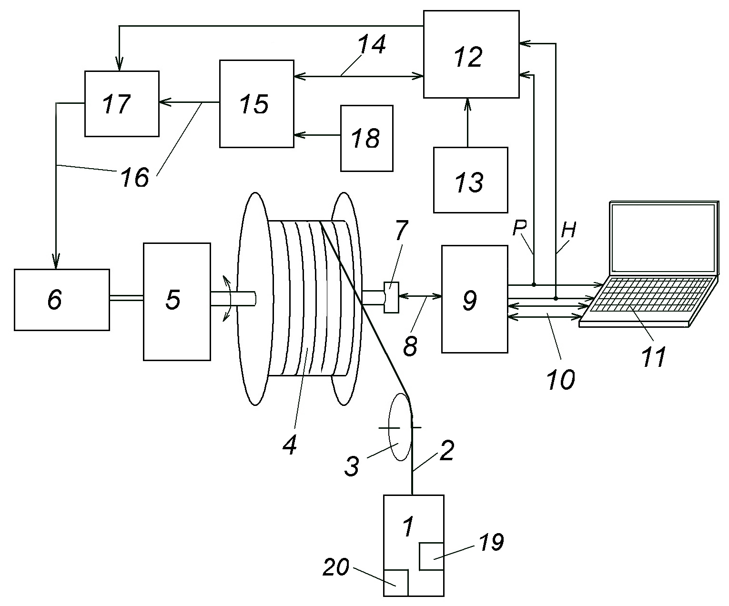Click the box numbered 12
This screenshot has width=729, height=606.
[x=471, y=54]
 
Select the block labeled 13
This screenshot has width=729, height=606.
[x=470, y=180]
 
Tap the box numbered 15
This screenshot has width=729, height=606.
[x=257, y=104]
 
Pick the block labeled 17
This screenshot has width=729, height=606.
[x=122, y=104]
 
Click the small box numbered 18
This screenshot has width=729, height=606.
[x=366, y=138]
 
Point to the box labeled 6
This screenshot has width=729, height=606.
[x=62, y=300]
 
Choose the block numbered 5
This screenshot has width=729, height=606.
[x=177, y=302]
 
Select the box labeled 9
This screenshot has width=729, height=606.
[x=475, y=299]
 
